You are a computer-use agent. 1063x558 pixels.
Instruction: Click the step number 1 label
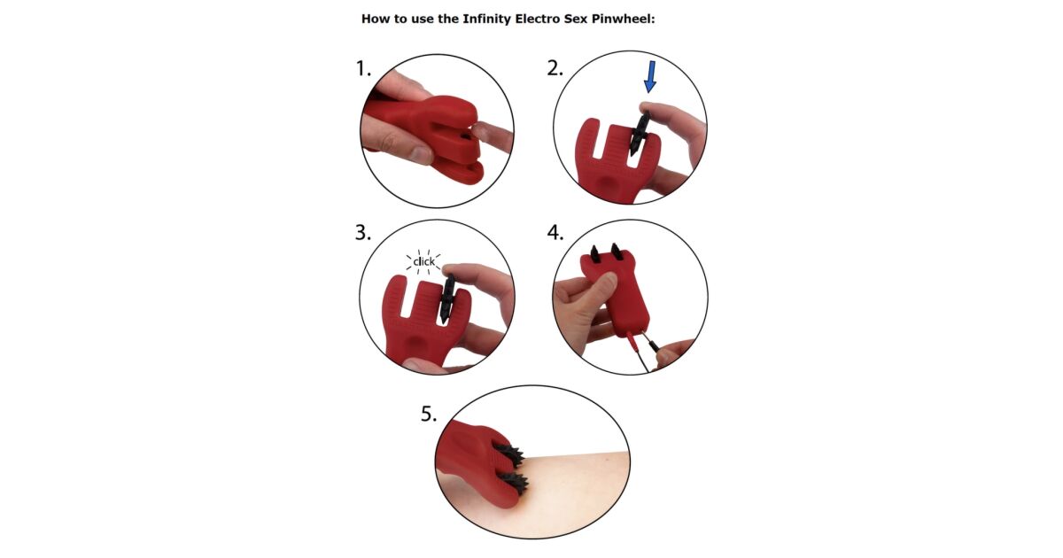363,69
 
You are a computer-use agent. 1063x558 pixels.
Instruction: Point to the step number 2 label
555,69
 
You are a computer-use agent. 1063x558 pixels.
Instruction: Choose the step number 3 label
363,233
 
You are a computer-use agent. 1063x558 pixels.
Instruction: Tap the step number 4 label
555,233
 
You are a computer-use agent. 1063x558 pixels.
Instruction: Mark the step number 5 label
429,415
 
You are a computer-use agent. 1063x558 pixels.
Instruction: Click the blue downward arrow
650,76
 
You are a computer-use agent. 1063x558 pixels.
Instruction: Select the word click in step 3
423,261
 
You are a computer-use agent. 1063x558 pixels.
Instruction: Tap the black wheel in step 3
446,299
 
